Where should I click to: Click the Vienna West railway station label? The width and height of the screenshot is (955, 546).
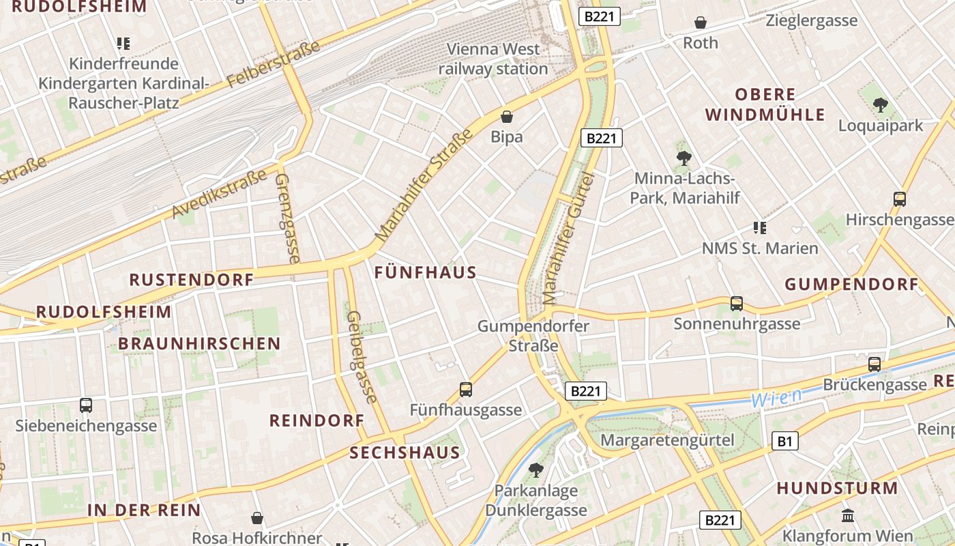click(x=493, y=59)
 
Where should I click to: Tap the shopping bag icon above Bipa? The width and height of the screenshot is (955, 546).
click(x=506, y=117)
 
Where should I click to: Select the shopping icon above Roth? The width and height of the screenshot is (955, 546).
click(x=700, y=23)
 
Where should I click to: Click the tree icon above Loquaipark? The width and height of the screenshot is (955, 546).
click(x=880, y=105)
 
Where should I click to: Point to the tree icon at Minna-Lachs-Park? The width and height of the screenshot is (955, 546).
click(x=684, y=158)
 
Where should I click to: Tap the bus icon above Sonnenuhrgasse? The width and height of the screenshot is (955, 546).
click(x=736, y=304)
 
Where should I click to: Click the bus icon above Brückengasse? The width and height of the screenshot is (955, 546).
click(x=874, y=364)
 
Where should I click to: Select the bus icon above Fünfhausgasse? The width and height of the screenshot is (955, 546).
click(x=465, y=390)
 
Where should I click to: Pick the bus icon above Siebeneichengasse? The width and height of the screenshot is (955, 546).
click(x=85, y=405)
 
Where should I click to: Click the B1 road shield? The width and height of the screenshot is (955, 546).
click(x=784, y=442)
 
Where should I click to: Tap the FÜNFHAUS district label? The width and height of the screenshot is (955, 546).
click(x=425, y=272)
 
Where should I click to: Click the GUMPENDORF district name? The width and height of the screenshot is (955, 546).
click(x=851, y=284)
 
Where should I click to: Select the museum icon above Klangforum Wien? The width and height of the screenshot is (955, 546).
click(x=848, y=515)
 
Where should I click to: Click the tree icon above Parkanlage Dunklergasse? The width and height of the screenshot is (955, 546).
click(x=535, y=470)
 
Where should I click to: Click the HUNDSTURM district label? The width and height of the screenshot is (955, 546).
click(x=837, y=488)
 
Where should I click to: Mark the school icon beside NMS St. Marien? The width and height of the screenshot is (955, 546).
click(x=759, y=227)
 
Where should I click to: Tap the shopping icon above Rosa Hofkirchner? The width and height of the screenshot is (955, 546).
click(x=257, y=518)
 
